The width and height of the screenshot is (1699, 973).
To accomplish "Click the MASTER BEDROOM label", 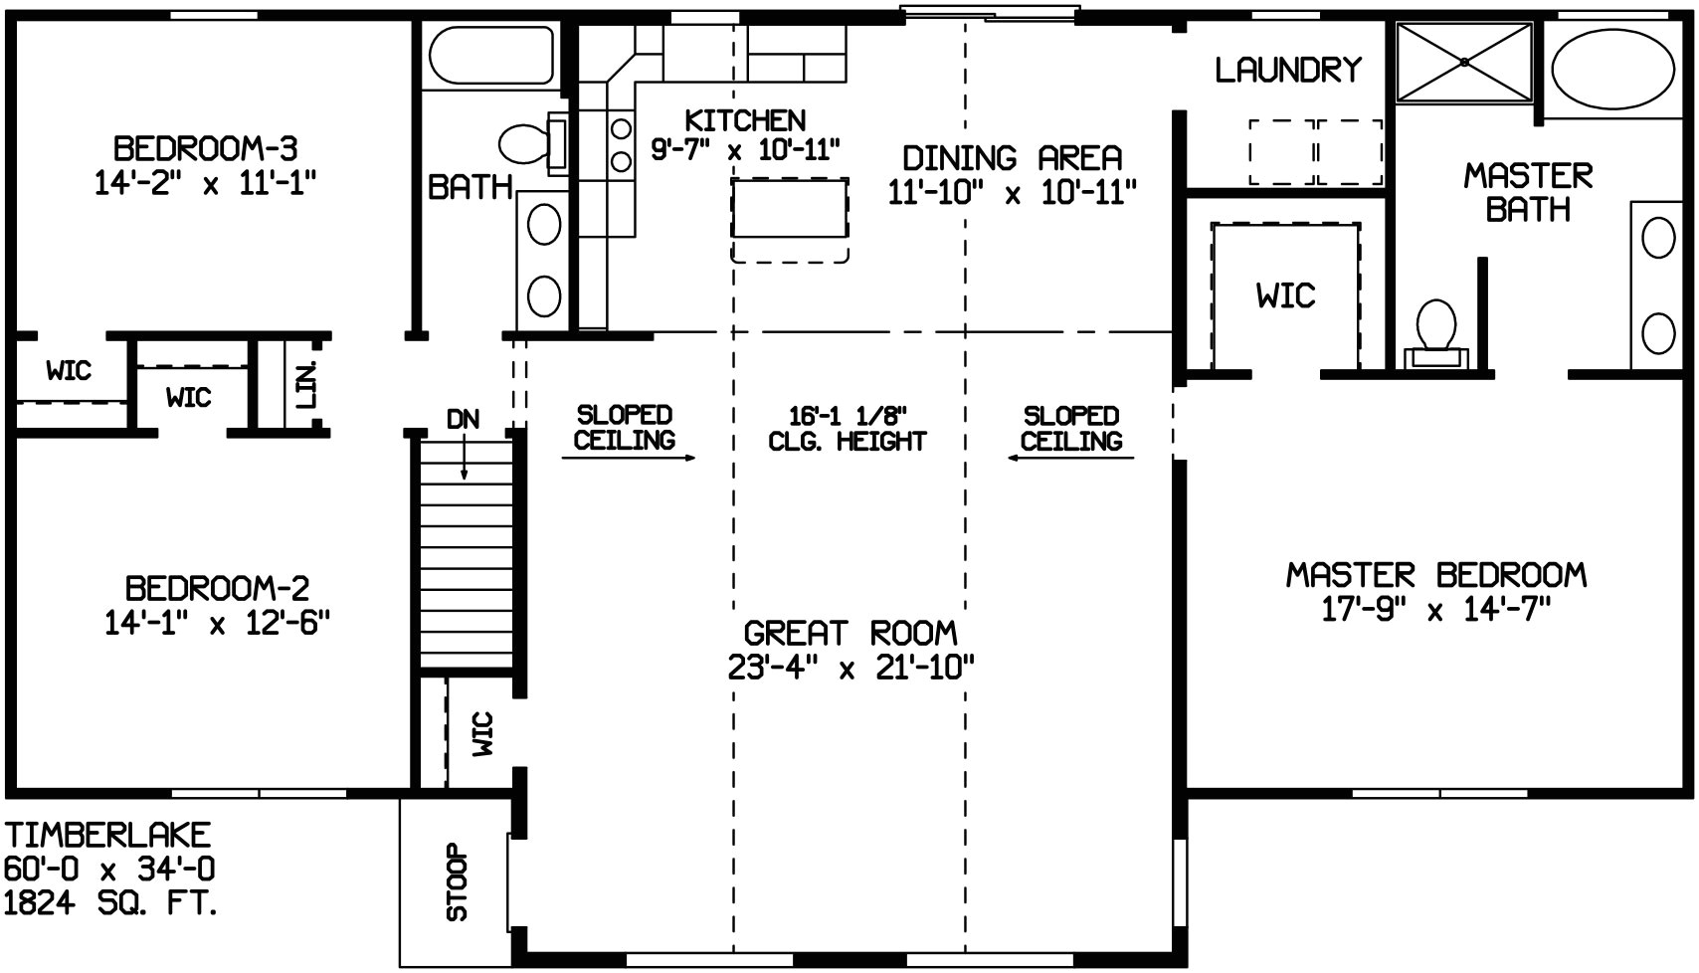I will (x=1435, y=575).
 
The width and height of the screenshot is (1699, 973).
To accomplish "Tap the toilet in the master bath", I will (x=1435, y=328).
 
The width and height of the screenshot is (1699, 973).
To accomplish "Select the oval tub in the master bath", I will (x=1613, y=67).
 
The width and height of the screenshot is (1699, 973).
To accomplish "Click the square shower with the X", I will (x=1464, y=62).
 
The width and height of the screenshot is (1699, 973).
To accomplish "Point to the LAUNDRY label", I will (x=1287, y=70).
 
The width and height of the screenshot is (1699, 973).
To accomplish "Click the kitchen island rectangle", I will (x=789, y=208).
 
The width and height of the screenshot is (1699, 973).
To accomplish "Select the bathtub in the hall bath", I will (x=488, y=55).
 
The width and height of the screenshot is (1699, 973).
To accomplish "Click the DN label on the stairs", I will (x=463, y=419).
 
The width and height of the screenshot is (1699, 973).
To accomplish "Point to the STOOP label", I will (x=457, y=882).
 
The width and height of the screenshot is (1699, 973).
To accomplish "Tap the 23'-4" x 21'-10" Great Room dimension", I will (x=850, y=667).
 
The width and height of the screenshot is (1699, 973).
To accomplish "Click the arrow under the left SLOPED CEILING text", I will (x=628, y=458).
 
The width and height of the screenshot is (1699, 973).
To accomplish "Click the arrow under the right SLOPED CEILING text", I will (x=1071, y=458).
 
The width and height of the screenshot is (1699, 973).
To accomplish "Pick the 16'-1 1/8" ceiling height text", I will (x=848, y=415).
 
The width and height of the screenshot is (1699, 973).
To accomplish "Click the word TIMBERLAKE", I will (x=107, y=834).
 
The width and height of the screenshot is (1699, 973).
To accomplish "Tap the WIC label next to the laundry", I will (x=1285, y=295).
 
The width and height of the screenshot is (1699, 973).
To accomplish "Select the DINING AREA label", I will (x=1012, y=158).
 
